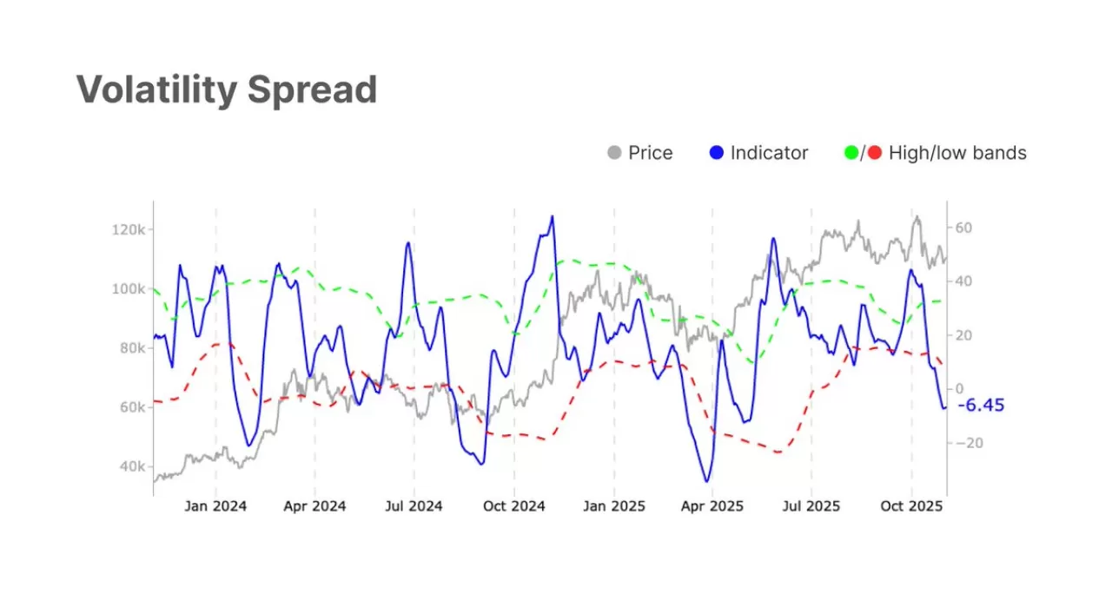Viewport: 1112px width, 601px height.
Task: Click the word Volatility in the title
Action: pos(155,89)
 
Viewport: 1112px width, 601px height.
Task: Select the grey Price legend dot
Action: pos(614,154)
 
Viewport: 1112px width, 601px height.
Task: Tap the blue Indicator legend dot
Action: pos(716,154)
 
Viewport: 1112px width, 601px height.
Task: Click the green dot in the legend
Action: pos(851,154)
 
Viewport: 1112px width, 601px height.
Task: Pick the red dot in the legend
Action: pos(874,154)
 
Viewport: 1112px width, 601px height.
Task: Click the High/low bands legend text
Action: pos(957,154)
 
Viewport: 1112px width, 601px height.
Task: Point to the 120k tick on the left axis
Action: pos(127,229)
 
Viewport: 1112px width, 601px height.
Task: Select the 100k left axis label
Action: pos(127,288)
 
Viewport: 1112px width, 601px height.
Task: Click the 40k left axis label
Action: pos(130,466)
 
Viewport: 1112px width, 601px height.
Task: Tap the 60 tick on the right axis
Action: pos(963,228)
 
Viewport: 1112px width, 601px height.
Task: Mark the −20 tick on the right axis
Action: pos(967,443)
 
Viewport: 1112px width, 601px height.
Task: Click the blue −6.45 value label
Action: pos(981,405)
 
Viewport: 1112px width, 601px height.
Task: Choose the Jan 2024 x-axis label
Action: pos(216,506)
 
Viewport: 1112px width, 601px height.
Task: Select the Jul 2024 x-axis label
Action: pos(414,506)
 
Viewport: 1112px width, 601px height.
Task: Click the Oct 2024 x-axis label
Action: pos(513,506)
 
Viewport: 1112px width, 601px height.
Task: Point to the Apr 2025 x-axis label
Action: pos(712,506)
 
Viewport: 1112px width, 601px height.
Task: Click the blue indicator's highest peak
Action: pos(552,216)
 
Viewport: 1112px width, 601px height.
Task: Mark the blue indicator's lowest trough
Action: pos(706,481)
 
